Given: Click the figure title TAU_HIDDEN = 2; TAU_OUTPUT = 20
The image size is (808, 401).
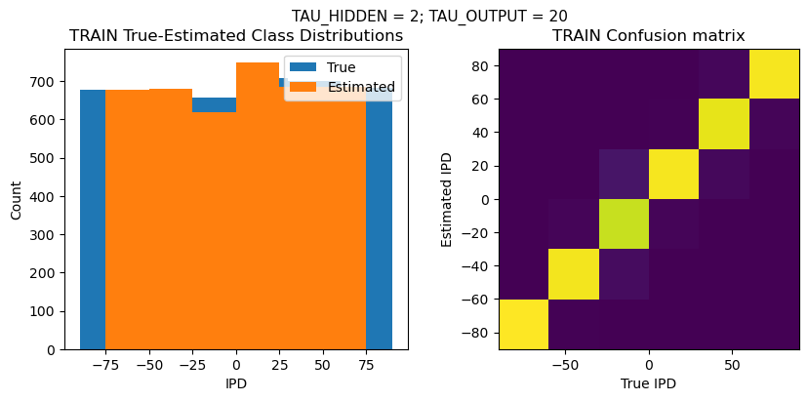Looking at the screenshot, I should [x=429, y=16].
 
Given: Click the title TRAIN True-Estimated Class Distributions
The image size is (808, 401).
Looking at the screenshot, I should [x=236, y=36].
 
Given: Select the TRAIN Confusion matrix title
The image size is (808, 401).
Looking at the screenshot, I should [x=648, y=36].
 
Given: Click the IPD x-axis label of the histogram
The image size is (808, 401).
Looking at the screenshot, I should [x=236, y=383].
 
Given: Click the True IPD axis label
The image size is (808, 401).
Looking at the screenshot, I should [x=648, y=383].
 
